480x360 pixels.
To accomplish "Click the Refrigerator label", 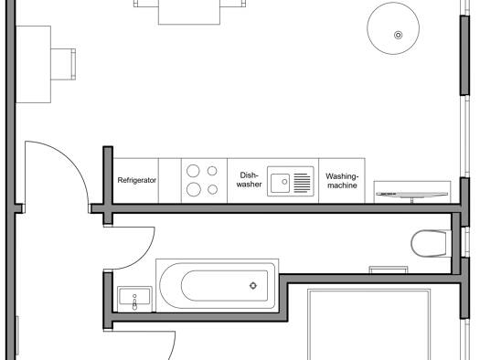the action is (137, 180).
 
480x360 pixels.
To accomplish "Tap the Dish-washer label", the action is (249, 179).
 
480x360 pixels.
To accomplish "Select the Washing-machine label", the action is (342, 181).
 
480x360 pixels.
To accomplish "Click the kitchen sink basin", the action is (280, 183).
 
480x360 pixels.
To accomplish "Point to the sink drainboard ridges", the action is (302, 183).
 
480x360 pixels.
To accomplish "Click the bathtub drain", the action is (253, 286).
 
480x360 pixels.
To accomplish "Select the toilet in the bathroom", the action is (431, 243).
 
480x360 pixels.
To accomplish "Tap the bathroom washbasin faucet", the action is (134, 302).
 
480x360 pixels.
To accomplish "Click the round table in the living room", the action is (393, 28).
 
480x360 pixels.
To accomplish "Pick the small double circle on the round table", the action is (398, 35).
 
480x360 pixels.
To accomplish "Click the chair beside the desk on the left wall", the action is (63, 64).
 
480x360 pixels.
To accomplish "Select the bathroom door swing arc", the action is (143, 258).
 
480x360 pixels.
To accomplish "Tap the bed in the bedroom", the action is (368, 324).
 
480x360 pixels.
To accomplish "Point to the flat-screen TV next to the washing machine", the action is (411, 194).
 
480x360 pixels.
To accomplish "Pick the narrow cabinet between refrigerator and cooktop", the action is (170, 181).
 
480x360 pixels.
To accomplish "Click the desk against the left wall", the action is (33, 64).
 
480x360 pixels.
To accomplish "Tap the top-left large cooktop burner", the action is (193, 171).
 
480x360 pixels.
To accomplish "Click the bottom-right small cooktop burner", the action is (212, 190).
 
